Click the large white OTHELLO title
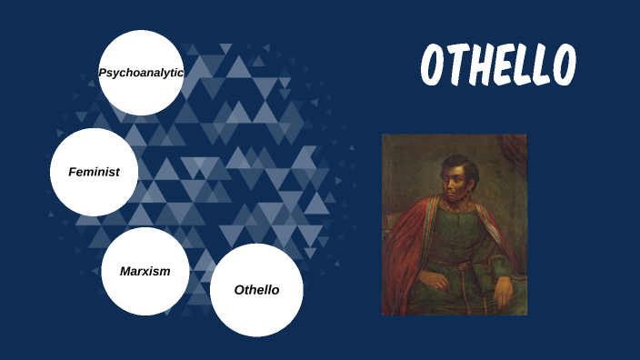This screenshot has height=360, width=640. (x=498, y=65)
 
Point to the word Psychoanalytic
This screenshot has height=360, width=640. (x=141, y=72)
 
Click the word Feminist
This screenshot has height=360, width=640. (x=94, y=172)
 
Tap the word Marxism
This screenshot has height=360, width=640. (x=145, y=271)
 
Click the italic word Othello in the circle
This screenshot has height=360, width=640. (x=256, y=290)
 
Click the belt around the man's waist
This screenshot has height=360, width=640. (x=455, y=263)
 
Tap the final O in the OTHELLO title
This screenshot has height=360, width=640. (x=564, y=65)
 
